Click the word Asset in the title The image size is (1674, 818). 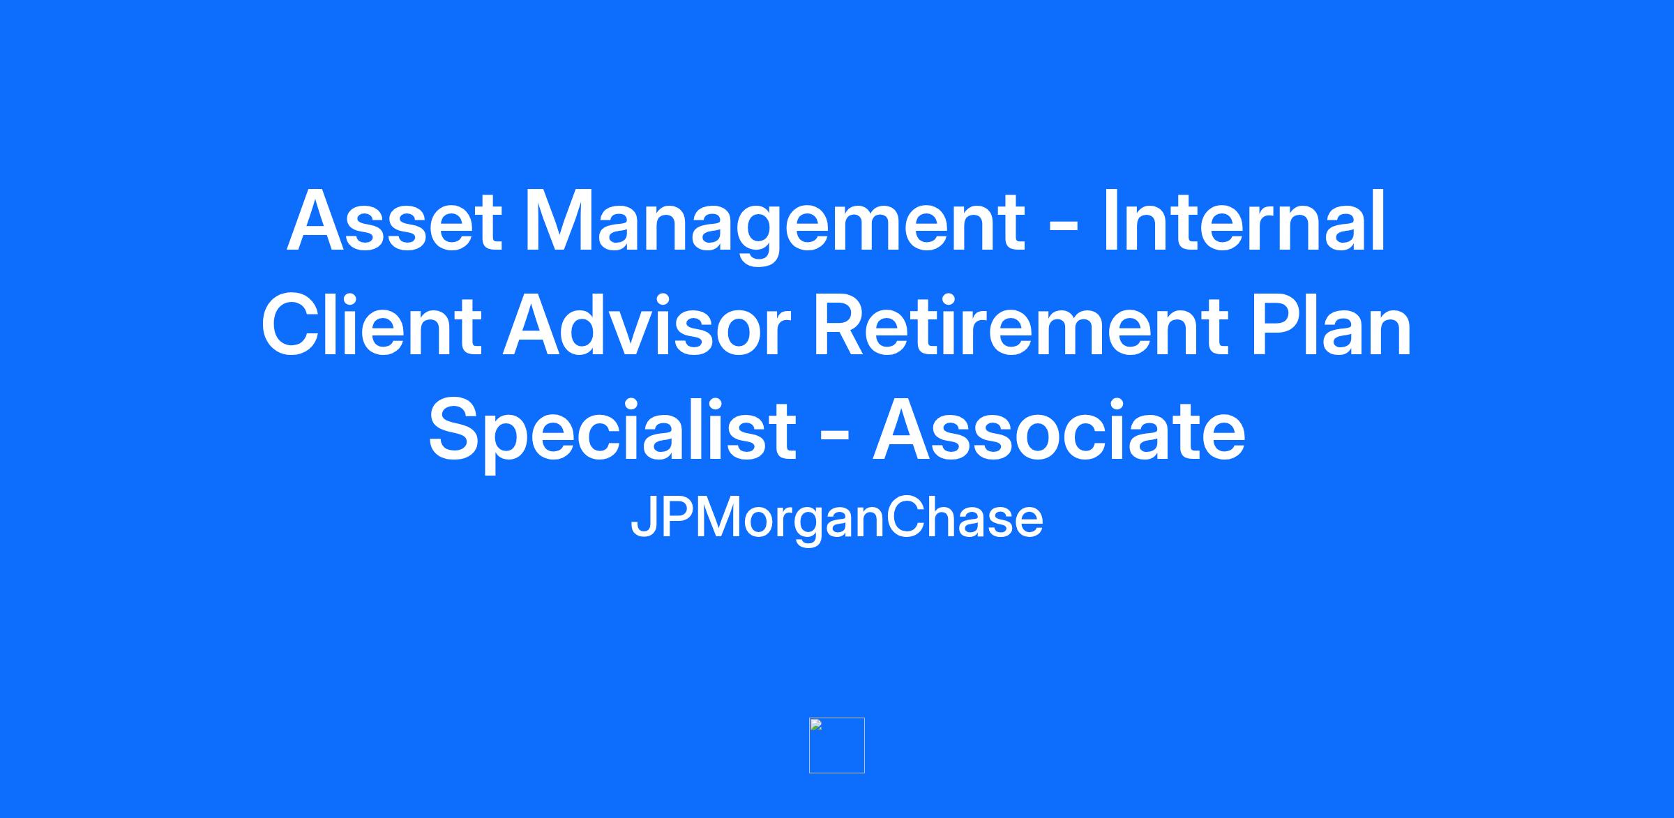click(394, 220)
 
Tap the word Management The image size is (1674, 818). click(774, 226)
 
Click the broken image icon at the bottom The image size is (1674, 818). click(837, 745)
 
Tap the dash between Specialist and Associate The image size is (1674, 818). click(834, 439)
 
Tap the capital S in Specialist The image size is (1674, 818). click(458, 430)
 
